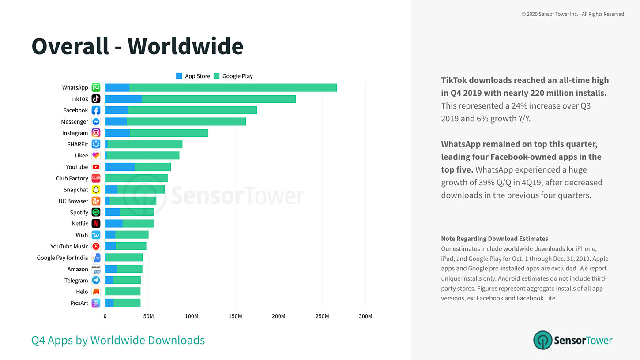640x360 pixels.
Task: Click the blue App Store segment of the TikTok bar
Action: [x=123, y=99]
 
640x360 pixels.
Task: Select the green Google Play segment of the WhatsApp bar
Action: [x=233, y=87]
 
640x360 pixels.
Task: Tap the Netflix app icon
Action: [x=96, y=224]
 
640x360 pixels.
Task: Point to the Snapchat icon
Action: [x=96, y=190]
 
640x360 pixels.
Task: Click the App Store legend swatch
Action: [x=179, y=76]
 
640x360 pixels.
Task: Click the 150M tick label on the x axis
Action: [x=235, y=316]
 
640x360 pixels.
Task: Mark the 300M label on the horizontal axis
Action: [x=365, y=316]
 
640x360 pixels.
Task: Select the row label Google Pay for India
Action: [x=62, y=258]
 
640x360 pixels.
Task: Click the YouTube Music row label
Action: [x=69, y=246]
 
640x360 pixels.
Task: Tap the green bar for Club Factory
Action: [x=136, y=178]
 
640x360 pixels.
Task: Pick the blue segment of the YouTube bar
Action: [x=120, y=167]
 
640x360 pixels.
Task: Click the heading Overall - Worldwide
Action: [x=137, y=46]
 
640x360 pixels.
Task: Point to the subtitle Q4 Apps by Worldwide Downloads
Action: [x=118, y=340]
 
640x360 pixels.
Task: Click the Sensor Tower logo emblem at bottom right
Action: [x=542, y=340]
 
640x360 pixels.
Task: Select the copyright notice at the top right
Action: [x=572, y=14]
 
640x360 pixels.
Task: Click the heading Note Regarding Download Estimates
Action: [x=494, y=239]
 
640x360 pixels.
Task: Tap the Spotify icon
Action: [x=96, y=212]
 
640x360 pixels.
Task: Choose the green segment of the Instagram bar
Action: [x=169, y=133]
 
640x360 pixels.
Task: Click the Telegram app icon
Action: [x=96, y=280]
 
